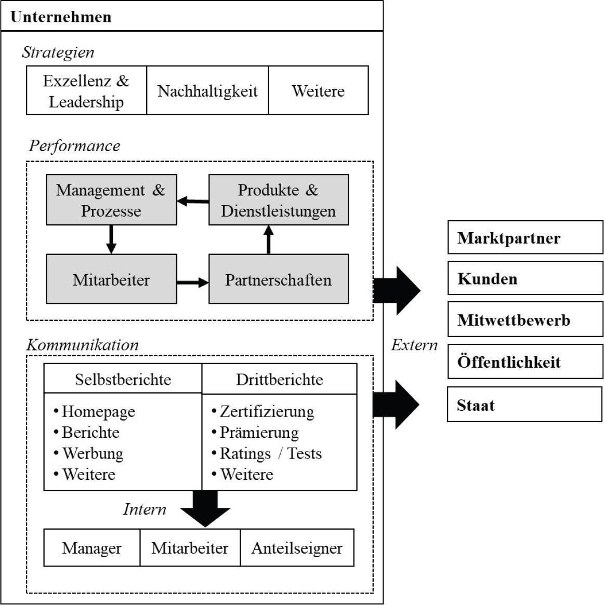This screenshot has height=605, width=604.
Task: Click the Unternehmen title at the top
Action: (61, 17)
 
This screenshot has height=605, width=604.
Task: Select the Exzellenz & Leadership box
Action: (86, 91)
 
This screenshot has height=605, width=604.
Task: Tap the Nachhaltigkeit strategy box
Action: (207, 91)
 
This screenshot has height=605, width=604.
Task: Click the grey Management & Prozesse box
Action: (111, 200)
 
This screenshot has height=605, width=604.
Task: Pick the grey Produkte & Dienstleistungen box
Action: (278, 200)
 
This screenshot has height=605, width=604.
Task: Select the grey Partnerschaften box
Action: (278, 279)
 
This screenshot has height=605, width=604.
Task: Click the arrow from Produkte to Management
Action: (193, 201)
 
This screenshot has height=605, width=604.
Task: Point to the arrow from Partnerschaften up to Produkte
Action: (268, 239)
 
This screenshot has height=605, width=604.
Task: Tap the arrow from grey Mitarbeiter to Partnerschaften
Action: (193, 283)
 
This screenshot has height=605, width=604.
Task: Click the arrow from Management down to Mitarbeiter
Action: (111, 239)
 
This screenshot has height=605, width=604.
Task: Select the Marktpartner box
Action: (525, 238)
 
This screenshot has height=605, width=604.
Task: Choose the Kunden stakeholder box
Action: (525, 279)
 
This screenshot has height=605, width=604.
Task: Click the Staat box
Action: (524, 405)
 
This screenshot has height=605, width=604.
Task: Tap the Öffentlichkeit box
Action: (525, 362)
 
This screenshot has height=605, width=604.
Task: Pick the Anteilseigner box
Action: (297, 548)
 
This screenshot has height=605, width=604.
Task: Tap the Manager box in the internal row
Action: (91, 548)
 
